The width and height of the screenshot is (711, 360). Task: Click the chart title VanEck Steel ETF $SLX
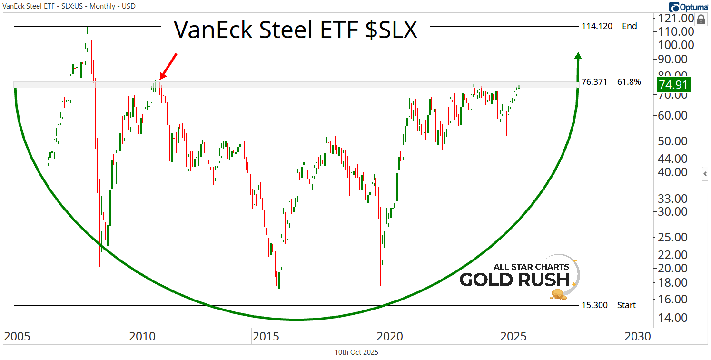[295, 30]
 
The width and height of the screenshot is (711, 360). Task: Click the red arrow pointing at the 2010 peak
[168, 66]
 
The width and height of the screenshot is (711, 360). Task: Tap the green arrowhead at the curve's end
[578, 56]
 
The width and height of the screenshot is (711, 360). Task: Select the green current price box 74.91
[673, 85]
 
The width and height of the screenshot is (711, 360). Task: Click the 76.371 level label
[594, 82]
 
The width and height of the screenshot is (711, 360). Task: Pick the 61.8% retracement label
[629, 82]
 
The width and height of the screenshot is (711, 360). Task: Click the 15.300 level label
[594, 305]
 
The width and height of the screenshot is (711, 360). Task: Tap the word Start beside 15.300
[626, 305]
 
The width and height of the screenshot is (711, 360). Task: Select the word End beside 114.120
[629, 26]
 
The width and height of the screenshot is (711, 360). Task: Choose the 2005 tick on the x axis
[18, 337]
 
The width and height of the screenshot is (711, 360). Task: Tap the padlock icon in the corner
[701, 20]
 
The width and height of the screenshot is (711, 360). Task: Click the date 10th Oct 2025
[356, 352]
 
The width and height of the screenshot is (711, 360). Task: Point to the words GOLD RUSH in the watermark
[514, 280]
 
